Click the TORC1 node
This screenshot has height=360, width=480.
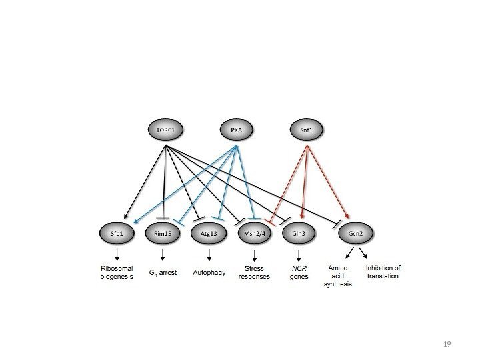click(163, 130)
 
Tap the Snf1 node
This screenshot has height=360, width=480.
click(307, 130)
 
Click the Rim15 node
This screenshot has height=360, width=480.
click(163, 233)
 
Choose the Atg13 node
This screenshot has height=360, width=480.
click(209, 233)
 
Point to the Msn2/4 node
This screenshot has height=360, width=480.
click(254, 233)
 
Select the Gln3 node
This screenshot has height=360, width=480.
click(299, 233)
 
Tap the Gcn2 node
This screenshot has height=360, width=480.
click(356, 233)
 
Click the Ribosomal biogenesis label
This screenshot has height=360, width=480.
click(118, 272)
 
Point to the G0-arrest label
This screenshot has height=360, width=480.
click(163, 272)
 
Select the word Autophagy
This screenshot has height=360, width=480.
click(209, 272)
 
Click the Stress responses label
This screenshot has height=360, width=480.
click(254, 273)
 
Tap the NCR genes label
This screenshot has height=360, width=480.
click(299, 273)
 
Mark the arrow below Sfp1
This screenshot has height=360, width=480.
click(118, 254)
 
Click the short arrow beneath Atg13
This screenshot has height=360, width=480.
click(209, 254)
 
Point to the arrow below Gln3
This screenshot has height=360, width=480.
click(299, 254)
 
